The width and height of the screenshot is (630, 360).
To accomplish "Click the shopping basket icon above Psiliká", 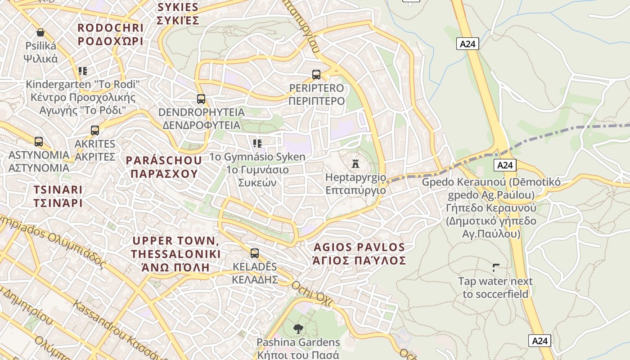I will (x=40, y=32).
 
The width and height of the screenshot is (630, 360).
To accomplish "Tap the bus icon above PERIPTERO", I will (x=316, y=74).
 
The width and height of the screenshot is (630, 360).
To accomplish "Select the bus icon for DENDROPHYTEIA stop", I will (x=201, y=99).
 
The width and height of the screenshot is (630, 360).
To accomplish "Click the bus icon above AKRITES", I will (x=95, y=130).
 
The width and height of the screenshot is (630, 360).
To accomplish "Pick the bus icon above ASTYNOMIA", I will (x=39, y=142).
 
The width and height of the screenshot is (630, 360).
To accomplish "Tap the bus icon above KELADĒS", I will (x=255, y=253).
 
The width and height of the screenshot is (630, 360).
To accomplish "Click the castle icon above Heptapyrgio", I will (x=355, y=163).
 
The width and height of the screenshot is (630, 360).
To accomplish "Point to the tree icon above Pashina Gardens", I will (x=298, y=329).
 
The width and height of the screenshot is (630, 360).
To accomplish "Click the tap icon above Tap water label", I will (x=496, y=268).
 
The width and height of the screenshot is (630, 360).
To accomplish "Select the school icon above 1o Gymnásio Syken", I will (x=257, y=144).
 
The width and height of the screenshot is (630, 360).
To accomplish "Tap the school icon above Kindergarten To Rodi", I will (x=83, y=71).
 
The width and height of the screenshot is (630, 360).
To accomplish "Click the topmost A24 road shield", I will (x=468, y=44).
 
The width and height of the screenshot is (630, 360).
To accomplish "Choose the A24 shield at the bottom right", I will (x=540, y=341).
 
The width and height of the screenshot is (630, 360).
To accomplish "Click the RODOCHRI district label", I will (x=110, y=34).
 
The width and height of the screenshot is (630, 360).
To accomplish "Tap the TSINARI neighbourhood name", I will (x=58, y=196).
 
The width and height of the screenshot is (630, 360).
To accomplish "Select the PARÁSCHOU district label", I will (x=164, y=167).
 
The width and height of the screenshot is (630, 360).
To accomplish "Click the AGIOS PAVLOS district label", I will (x=360, y=254).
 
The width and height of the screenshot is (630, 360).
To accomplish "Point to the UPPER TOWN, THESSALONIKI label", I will (x=176, y=254).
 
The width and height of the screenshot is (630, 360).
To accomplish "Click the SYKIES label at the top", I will (x=178, y=13).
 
